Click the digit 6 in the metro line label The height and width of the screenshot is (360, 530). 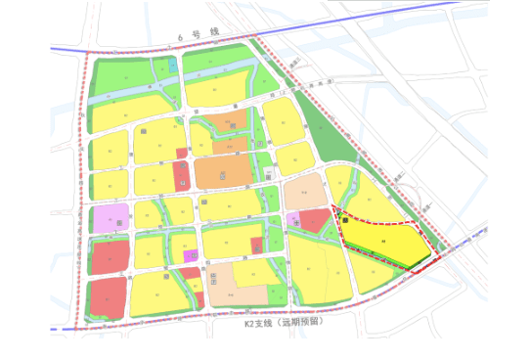point(181,37)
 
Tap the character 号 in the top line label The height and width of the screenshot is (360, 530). point(198,35)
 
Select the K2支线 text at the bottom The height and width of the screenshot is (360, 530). point(257,322)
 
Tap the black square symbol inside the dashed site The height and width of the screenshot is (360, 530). point(345,221)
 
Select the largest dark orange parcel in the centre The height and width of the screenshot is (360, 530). point(224,172)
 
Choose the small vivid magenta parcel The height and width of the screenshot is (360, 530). point(191,256)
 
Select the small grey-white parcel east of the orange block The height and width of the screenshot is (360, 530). point(267,175)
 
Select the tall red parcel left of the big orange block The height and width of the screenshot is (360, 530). point(182,177)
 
